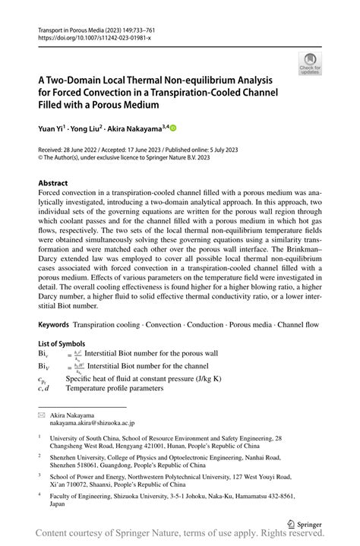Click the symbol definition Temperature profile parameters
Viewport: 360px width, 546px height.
click(115, 388)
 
